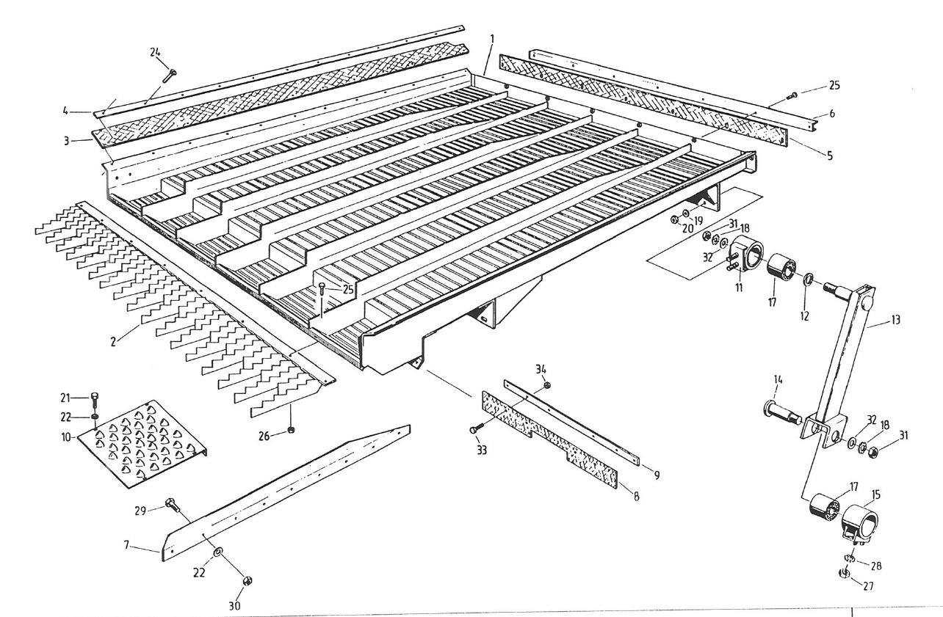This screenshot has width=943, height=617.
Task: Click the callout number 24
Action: coord(156,52)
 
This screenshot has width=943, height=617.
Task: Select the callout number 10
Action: coord(67,438)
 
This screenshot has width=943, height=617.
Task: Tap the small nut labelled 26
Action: coord(291,429)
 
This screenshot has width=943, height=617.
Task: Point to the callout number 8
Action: coord(636,497)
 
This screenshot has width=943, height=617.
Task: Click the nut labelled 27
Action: coord(845,574)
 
